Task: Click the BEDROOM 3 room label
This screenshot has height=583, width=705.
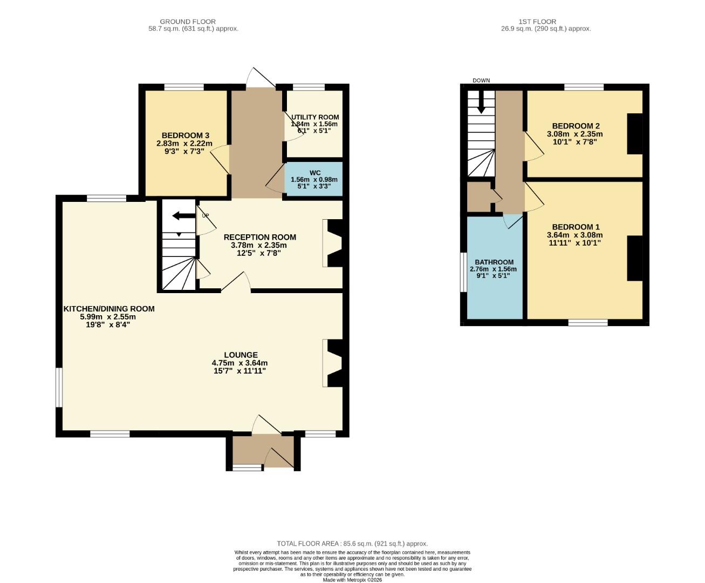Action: pos(185,135)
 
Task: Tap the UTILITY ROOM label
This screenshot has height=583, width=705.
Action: pos(315,117)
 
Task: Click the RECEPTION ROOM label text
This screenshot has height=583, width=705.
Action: pos(259,237)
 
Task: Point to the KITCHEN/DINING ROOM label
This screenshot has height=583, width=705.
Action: pos(109,309)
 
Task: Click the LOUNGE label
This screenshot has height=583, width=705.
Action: pos(241,355)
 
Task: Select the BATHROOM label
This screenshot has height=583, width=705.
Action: pos(494,262)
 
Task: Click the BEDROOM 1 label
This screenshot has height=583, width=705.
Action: pos(576,227)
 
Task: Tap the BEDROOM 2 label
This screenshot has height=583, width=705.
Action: pos(576,126)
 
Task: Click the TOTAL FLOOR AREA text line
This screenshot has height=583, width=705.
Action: pos(352,544)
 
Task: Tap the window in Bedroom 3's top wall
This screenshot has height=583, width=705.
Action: pos(184,87)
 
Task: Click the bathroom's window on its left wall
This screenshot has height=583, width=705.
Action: pos(463,272)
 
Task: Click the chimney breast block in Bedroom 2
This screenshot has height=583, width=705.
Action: pos(634,134)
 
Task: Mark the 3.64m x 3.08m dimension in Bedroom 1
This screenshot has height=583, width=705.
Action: pos(574,235)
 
